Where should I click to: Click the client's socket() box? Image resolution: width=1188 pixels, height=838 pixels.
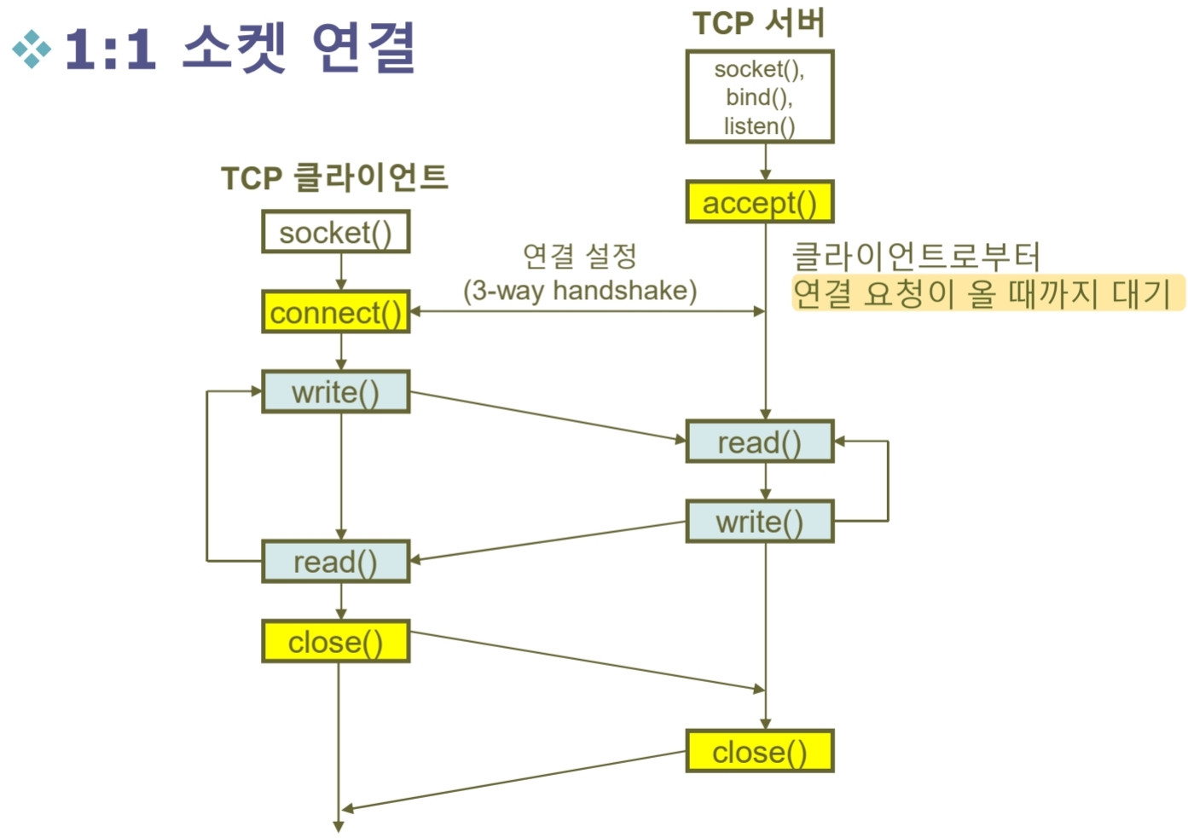pyautogui.click(x=335, y=232)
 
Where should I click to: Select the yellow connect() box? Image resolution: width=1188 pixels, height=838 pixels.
pyautogui.click(x=335, y=312)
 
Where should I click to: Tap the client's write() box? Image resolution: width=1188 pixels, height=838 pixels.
pyautogui.click(x=335, y=392)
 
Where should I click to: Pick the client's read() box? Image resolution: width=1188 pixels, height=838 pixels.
pyautogui.click(x=335, y=562)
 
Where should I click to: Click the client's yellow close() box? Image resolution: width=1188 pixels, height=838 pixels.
pyautogui.click(x=335, y=641)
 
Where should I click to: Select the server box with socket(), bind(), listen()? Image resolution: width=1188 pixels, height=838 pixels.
pyautogui.click(x=759, y=97)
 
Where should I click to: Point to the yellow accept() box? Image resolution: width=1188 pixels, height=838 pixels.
pyautogui.click(x=759, y=203)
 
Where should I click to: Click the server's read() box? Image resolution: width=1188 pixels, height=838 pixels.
pyautogui.click(x=759, y=442)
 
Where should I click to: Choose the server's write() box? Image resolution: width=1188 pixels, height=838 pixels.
pyautogui.click(x=759, y=521)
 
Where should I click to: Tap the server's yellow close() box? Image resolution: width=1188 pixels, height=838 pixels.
pyautogui.click(x=759, y=751)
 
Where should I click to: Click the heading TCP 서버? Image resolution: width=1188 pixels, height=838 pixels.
pyautogui.click(x=759, y=23)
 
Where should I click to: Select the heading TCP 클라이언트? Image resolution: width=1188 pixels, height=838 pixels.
pyautogui.click(x=334, y=177)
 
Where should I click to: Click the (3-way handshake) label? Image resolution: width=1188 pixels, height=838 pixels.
pyautogui.click(x=580, y=291)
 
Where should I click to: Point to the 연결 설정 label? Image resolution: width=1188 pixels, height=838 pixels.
pyautogui.click(x=580, y=255)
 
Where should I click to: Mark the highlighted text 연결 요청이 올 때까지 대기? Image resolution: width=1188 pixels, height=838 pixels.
pyautogui.click(x=987, y=293)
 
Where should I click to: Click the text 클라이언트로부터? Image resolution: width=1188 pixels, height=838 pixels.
pyautogui.click(x=916, y=256)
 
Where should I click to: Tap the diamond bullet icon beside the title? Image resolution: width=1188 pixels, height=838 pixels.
pyautogui.click(x=32, y=49)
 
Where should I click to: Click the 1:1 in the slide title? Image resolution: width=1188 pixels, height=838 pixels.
pyautogui.click(x=110, y=49)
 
